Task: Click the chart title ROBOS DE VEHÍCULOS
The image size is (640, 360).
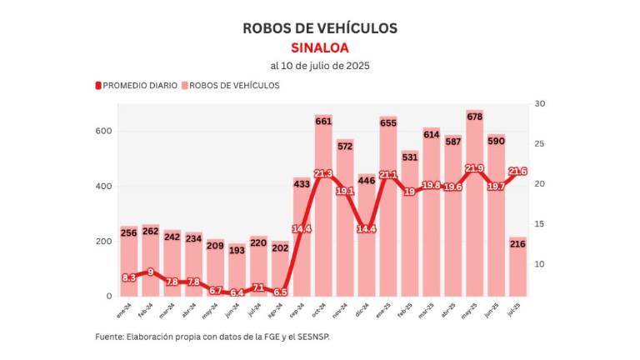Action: (x=320, y=28)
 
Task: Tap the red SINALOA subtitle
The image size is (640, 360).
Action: (x=320, y=47)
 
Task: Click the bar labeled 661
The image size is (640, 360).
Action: (x=323, y=208)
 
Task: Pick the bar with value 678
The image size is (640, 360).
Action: (x=474, y=208)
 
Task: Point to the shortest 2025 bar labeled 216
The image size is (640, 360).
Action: (x=517, y=267)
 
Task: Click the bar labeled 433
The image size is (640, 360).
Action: (x=302, y=242)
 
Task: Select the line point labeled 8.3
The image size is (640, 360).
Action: (x=129, y=277)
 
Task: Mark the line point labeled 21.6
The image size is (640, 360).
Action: (x=517, y=172)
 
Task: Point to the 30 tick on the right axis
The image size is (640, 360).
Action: (x=540, y=104)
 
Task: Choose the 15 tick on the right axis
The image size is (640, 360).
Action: (x=540, y=224)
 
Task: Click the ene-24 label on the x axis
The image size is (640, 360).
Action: (x=124, y=310)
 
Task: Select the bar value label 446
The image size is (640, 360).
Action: (x=367, y=179)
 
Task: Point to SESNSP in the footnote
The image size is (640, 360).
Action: (x=320, y=337)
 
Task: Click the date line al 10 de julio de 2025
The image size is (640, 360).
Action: (x=320, y=66)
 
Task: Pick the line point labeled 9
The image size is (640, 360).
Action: (x=151, y=272)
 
